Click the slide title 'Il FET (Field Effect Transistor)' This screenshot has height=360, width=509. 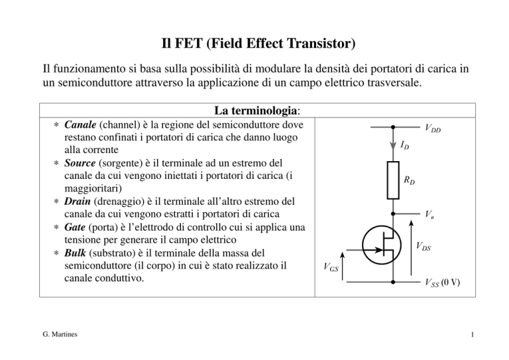pyautogui.click(x=258, y=44)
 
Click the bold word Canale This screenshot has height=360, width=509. pyautogui.click(x=80, y=125)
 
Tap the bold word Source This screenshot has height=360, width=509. pyautogui.click(x=80, y=163)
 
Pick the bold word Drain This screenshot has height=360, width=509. pyautogui.click(x=78, y=202)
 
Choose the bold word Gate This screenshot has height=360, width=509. pyautogui.click(x=75, y=227)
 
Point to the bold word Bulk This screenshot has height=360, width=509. pyautogui.click(x=75, y=253)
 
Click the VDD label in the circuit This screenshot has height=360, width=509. pyautogui.click(x=433, y=128)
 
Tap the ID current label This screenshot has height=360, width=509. pyautogui.click(x=404, y=145)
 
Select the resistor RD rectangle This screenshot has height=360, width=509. pyautogui.click(x=393, y=180)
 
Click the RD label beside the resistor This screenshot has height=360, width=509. pyautogui.click(x=409, y=180)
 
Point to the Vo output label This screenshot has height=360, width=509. pyautogui.click(x=429, y=214)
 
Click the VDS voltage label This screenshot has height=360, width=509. pyautogui.click(x=424, y=246)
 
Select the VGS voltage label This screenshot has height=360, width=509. pyautogui.click(x=331, y=267)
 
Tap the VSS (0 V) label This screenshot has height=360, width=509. pyautogui.click(x=443, y=282)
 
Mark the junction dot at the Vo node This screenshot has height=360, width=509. pyautogui.click(x=393, y=214)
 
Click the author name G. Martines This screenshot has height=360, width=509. pyautogui.click(x=60, y=334)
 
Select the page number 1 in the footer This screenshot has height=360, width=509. pyautogui.click(x=473, y=335)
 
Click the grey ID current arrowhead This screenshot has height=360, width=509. pyautogui.click(x=393, y=146)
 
